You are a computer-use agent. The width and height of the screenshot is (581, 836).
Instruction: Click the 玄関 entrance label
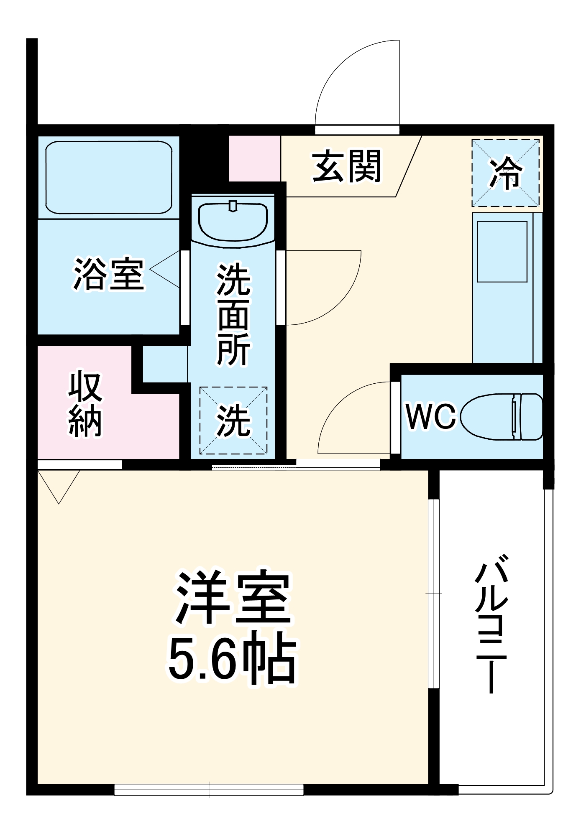click(x=347, y=166)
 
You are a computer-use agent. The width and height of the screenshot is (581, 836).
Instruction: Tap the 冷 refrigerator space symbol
click(x=506, y=173)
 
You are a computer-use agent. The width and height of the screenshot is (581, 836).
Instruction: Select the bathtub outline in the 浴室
click(x=109, y=177)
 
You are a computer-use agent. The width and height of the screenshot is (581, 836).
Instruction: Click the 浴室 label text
click(x=109, y=275)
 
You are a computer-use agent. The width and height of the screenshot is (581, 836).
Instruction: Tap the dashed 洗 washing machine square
click(x=233, y=420)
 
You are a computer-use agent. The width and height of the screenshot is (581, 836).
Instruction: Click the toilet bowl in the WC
click(x=502, y=416)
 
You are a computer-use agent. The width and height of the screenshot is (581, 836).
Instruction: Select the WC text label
click(x=430, y=417)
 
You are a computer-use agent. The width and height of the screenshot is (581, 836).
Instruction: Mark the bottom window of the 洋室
click(x=209, y=789)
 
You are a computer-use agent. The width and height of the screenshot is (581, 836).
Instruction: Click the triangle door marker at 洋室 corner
click(x=59, y=485)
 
